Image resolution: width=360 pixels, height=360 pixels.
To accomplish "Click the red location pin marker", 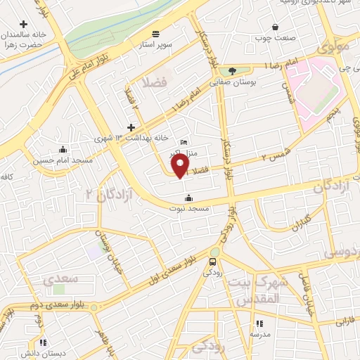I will tap(181, 166).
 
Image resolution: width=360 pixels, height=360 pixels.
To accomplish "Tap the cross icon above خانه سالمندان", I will tap(24, 25).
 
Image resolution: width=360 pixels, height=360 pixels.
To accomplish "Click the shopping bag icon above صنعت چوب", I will tap(275, 27).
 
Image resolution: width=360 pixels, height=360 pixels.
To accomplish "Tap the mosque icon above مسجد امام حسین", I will tap(63, 149).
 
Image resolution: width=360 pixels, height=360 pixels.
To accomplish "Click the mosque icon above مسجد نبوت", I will tap(188, 198).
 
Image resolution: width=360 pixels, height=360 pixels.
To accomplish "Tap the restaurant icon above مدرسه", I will tap(259, 323).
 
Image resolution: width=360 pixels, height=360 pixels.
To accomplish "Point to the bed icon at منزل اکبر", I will tap(184, 143).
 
